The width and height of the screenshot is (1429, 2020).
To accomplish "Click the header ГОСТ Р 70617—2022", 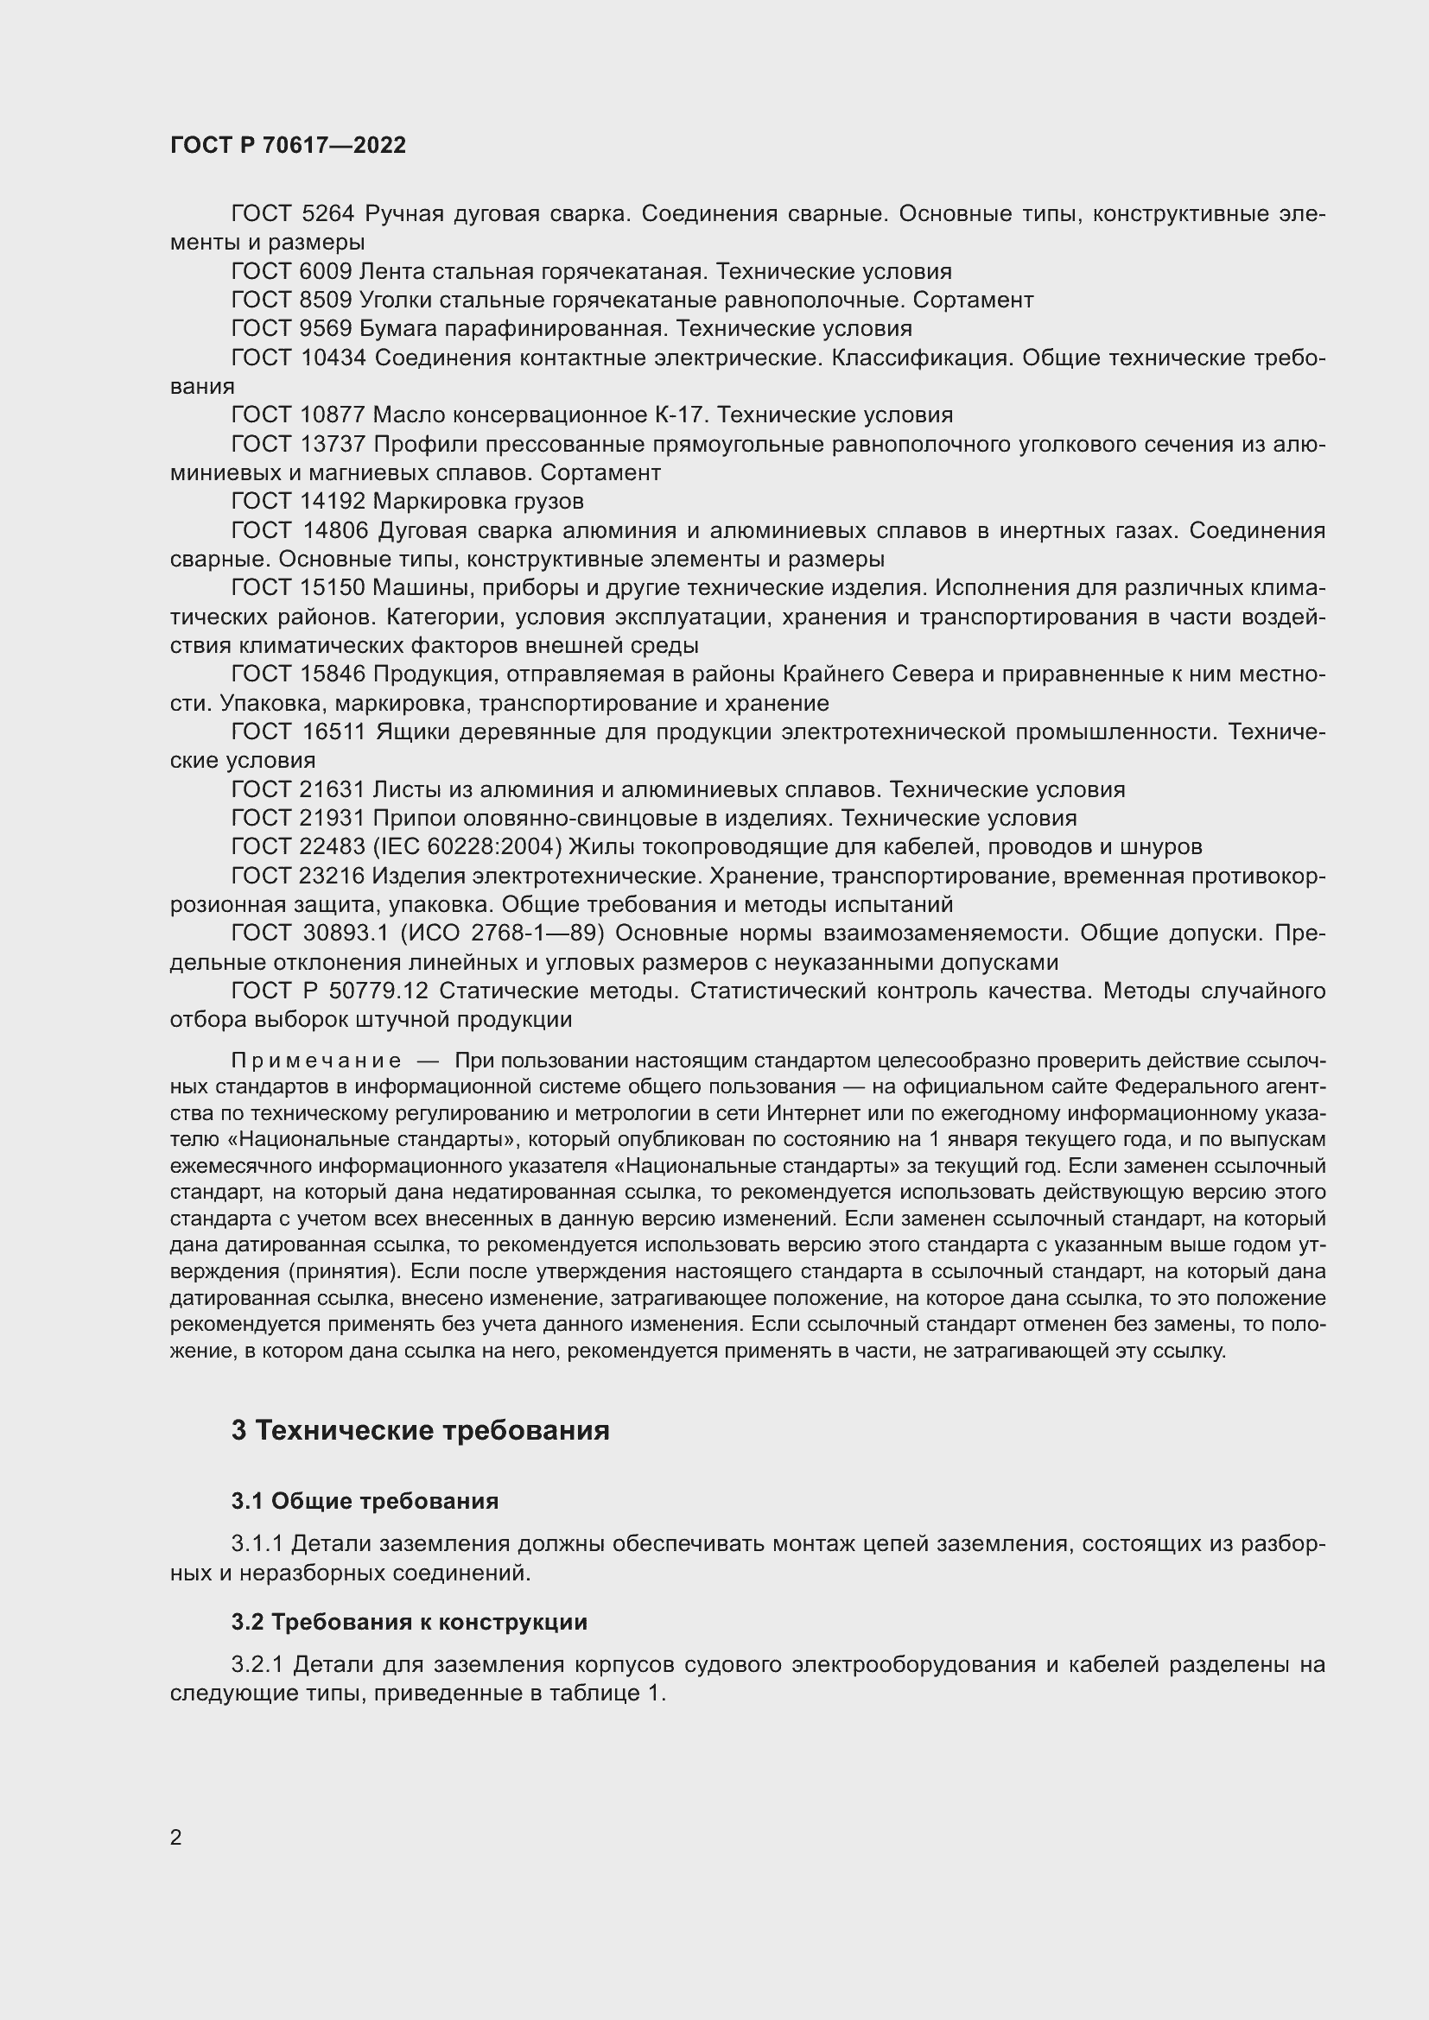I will pos(288,145).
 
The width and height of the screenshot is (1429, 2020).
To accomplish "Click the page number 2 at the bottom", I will pos(176,1837).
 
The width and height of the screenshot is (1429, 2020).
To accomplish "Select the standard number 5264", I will pos(327,214).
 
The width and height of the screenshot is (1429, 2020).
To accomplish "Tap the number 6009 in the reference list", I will pos(326,272).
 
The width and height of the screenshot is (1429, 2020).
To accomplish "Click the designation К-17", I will pos(681,415).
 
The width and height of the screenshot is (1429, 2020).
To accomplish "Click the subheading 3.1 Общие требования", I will pos(365,1502).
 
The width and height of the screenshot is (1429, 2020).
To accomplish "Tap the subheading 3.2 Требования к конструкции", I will pos(410,1623).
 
